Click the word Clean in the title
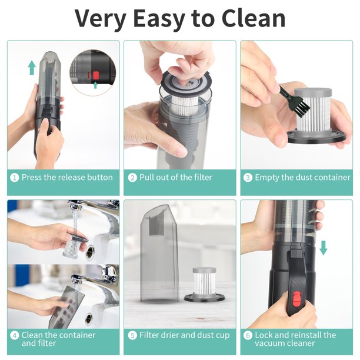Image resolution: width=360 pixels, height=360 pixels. pos(254,18)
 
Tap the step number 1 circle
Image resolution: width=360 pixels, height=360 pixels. pos(15,178)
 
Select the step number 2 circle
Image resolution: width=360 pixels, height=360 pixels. pos(132,178)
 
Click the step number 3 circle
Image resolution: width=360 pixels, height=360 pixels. pos(248,178)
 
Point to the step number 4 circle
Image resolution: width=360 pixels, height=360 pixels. pos(15,335)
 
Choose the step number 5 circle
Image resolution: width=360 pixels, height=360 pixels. pos(132,335)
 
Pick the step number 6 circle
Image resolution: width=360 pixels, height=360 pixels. pos(248,335)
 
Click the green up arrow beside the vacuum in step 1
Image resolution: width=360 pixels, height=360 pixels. pos(32,69)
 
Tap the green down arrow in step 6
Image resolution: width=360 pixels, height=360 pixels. pos(324,248)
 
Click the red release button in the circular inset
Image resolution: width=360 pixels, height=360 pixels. pos(96,75)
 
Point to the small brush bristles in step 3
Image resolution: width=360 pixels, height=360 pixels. pos(301,108)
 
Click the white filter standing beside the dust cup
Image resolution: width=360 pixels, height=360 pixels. pos(201,282)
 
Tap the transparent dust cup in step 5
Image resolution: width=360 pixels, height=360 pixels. pos(159,252)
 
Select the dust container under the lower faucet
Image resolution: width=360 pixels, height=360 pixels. pos(66,307)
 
